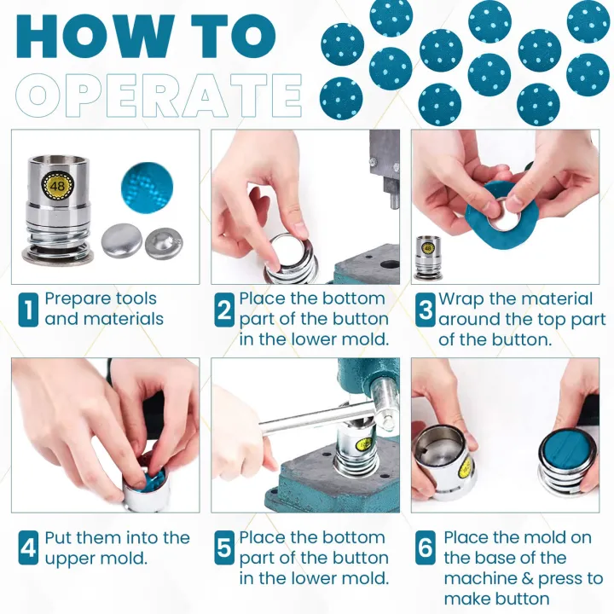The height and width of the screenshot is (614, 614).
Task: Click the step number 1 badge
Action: tap(28, 310)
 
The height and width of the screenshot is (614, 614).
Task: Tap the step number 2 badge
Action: tap(224, 310)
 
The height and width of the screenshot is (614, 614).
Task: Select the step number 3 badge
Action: tap(425, 310)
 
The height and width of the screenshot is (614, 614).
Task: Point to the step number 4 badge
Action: tap(28, 547)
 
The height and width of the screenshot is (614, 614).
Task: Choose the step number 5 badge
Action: tap(224, 547)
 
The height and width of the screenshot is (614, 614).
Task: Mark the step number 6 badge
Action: tap(425, 547)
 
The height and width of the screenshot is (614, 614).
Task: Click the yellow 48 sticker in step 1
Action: tap(57, 185)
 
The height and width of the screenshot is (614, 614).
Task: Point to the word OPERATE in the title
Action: tap(159, 96)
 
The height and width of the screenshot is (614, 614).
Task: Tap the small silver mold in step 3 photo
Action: tap(427, 258)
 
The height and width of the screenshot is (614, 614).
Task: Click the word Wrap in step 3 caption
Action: tap(461, 299)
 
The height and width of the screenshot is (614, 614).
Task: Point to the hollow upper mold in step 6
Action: tap(444, 463)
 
